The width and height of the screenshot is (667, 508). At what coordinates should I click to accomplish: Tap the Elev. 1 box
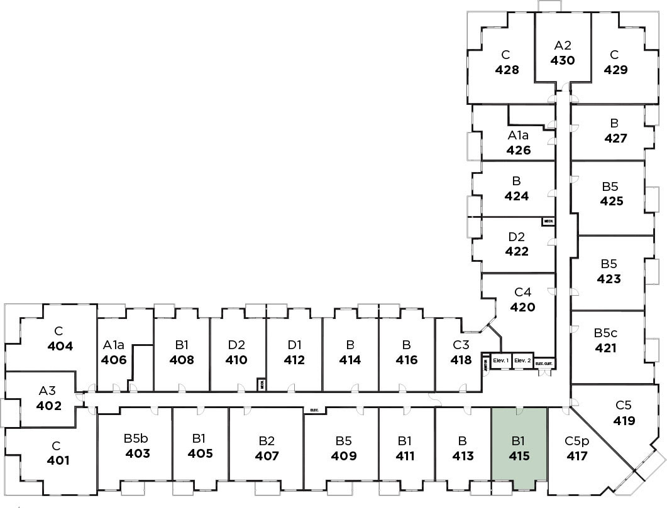501,360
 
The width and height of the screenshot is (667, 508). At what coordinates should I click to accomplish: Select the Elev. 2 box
522,360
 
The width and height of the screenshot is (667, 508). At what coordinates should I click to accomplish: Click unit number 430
562,61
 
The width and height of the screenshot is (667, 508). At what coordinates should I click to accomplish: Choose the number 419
624,421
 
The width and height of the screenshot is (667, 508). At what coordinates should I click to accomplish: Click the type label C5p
576,441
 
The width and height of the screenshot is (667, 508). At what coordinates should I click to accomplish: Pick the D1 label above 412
294,345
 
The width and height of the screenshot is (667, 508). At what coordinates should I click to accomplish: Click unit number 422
517,252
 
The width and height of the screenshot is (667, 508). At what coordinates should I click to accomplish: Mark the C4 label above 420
523,292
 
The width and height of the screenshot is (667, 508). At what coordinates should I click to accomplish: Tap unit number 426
519,150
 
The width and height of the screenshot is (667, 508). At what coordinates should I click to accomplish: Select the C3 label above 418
461,345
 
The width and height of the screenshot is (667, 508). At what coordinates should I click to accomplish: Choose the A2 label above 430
562,45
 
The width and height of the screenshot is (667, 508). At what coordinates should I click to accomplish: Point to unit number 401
58,460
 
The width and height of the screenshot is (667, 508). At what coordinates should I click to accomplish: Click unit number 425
612,202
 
